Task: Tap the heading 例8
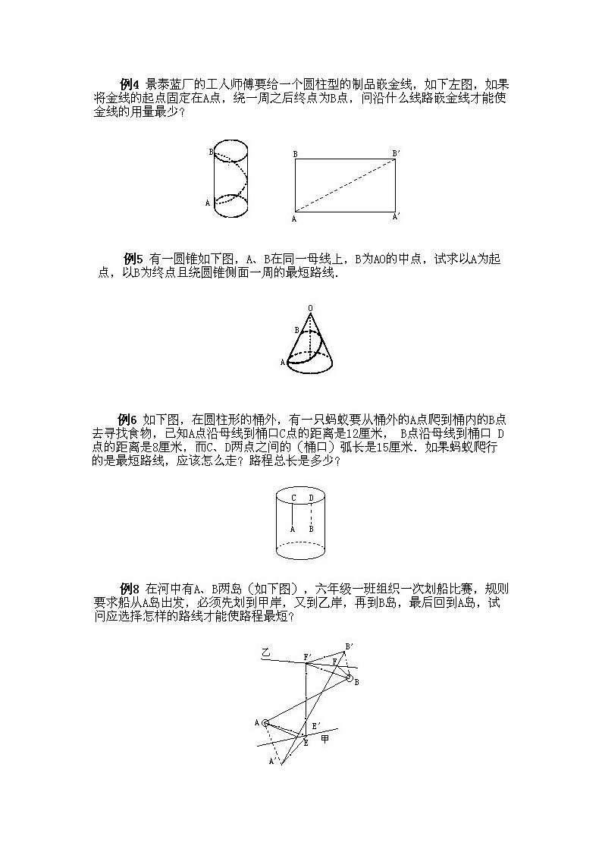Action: (x=130, y=589)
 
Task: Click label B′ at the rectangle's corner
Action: (x=396, y=153)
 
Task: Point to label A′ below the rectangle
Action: (x=397, y=217)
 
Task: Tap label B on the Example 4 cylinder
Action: (x=210, y=152)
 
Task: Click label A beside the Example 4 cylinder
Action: (x=208, y=203)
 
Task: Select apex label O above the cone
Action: (x=310, y=307)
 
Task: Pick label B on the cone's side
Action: (x=296, y=330)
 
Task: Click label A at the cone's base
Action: (x=282, y=363)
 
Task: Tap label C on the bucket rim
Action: (x=293, y=498)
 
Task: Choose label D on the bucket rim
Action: (x=311, y=498)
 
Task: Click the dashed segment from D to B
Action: (x=311, y=514)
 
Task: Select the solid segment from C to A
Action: (x=293, y=514)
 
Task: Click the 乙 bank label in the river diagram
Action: (x=265, y=652)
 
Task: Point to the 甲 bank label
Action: (x=325, y=737)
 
